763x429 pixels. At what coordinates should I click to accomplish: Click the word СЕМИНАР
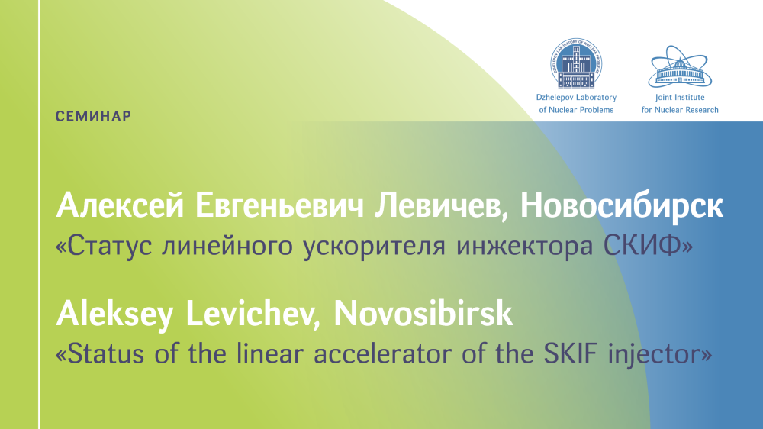[93, 116]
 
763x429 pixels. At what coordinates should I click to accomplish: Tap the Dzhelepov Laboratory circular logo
[576, 63]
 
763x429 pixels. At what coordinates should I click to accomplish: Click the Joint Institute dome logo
[680, 66]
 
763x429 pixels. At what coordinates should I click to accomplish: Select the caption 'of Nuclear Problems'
[576, 110]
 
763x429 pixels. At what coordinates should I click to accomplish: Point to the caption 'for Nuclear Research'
[680, 110]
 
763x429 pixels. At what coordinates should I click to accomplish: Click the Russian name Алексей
[121, 205]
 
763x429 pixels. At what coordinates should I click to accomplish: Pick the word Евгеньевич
[279, 205]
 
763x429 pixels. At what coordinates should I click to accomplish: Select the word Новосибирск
[621, 205]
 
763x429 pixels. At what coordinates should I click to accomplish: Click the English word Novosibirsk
[423, 313]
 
